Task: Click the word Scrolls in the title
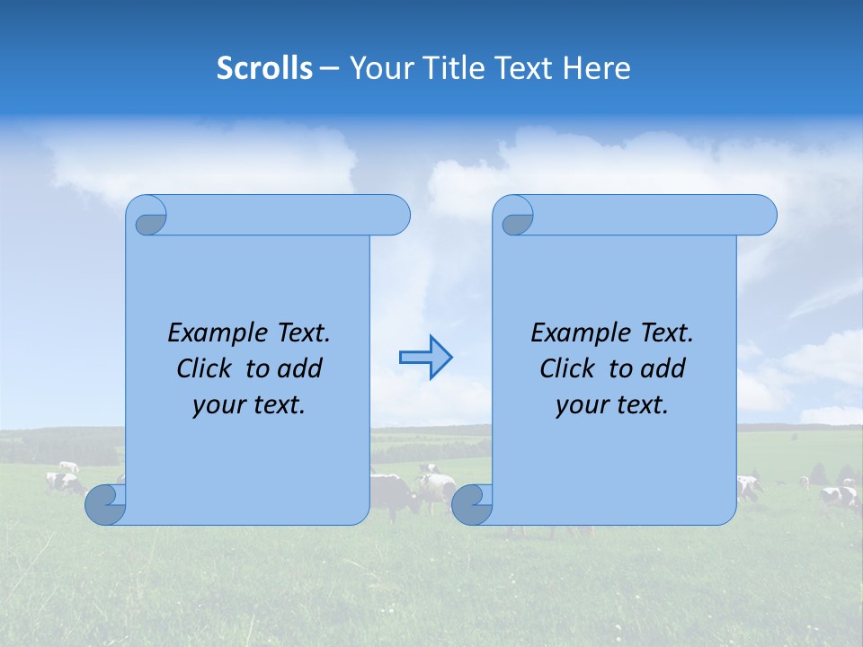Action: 264,68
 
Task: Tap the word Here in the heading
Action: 597,68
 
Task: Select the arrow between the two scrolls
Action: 425,358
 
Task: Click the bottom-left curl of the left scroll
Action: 105,504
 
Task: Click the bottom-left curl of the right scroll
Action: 471,504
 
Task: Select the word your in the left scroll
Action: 218,406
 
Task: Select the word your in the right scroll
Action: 582,406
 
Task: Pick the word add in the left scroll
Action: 301,368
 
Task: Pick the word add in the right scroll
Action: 664,368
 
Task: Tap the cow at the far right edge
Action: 840,496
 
